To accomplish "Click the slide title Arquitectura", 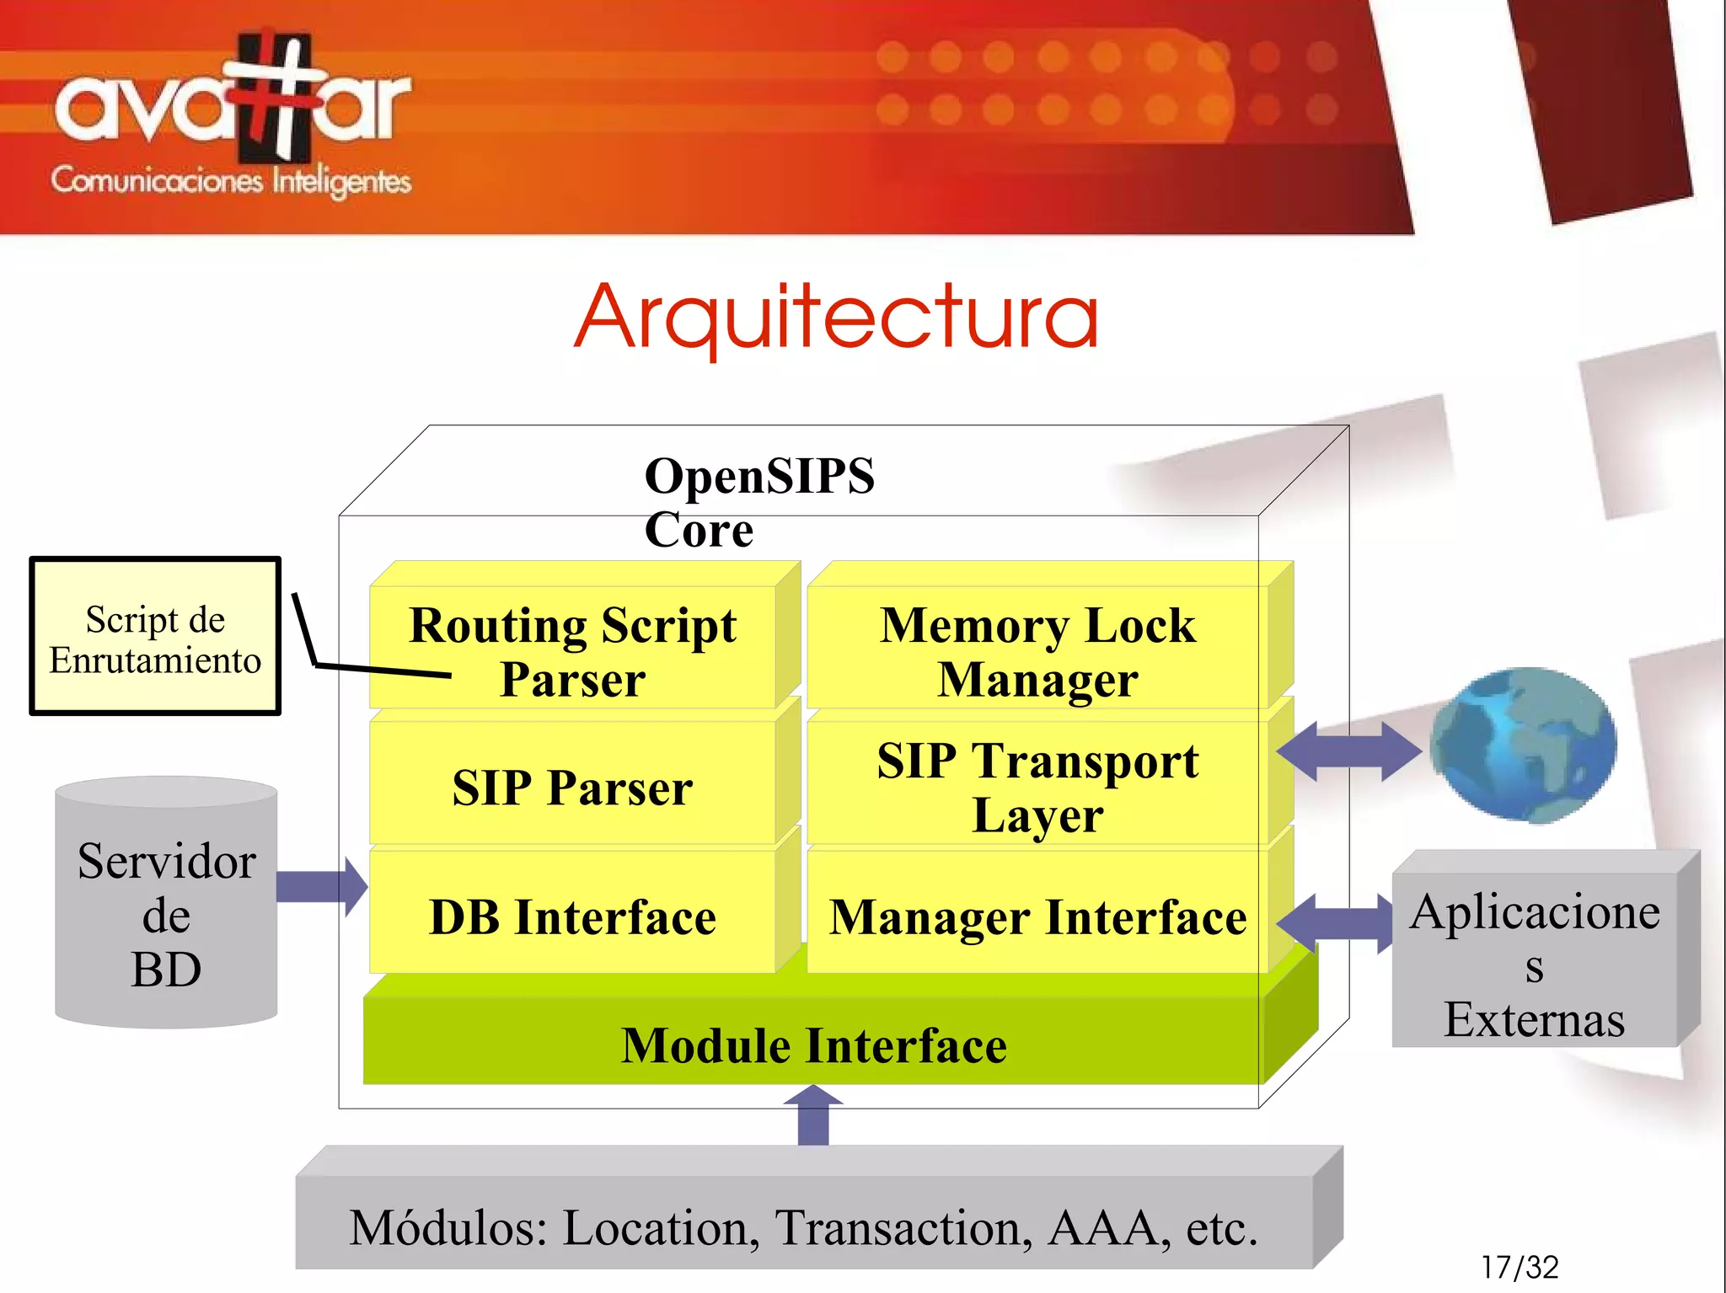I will pos(837,318).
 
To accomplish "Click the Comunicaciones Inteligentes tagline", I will pos(231,181).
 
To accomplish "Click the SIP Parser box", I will pos(573,787).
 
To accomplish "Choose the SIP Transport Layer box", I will pos(1037,785).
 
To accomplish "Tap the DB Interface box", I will pos(573,916).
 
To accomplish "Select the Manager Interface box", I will pos(1037,916).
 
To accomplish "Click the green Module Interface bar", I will pos(813,1045).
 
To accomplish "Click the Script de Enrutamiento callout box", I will pos(155,638).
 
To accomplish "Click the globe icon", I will pos(1524,744).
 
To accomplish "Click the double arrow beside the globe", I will pos(1348,751).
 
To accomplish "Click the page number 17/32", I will pos(1520,1267).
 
